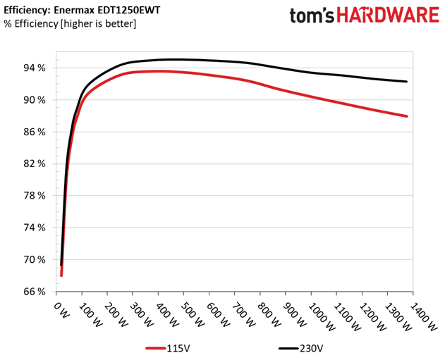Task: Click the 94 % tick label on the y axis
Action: tap(35, 68)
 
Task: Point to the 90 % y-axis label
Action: tap(35, 100)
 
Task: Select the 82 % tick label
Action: tap(35, 164)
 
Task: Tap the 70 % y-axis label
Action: tap(35, 260)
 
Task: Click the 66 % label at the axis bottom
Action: tap(35, 292)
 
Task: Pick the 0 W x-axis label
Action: tap(61, 310)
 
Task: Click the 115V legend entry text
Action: tap(178, 348)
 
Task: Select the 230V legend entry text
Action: tap(311, 348)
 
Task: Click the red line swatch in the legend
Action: tap(156, 349)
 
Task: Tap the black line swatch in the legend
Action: tap(288, 349)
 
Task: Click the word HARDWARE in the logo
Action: tap(389, 15)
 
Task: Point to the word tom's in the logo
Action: tap(312, 15)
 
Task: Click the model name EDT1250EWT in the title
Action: tap(128, 10)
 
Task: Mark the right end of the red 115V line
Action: tap(407, 116)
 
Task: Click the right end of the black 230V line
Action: tap(407, 82)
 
